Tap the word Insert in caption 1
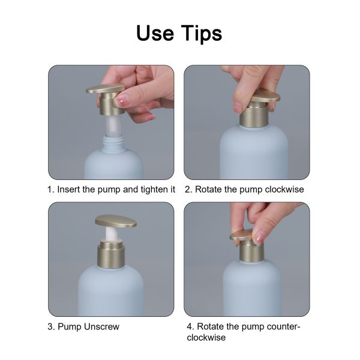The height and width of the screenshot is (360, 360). tap(70, 189)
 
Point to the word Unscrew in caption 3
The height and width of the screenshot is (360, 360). tap(101, 327)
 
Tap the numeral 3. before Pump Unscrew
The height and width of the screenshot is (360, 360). tap(51, 327)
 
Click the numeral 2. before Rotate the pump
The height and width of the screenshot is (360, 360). tap(188, 189)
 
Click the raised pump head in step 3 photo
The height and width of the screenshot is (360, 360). tap(115, 220)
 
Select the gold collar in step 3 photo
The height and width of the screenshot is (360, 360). tap(111, 255)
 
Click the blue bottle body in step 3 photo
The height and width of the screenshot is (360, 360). tap(111, 294)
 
